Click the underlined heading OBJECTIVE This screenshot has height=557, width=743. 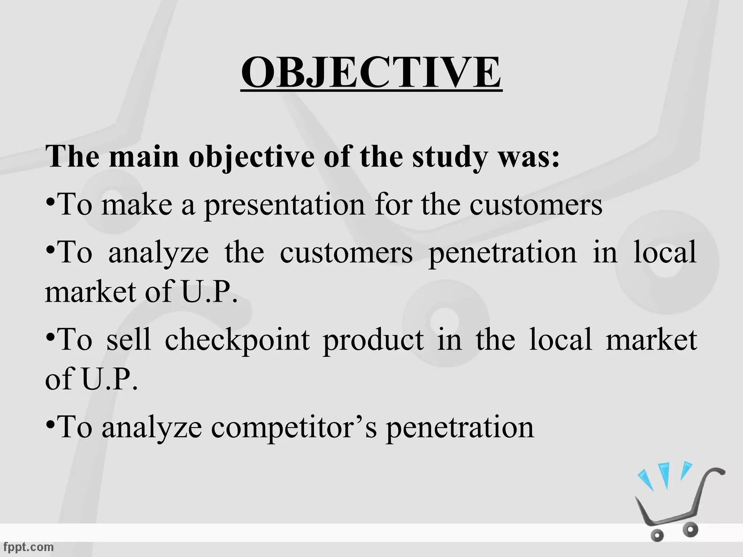pyautogui.click(x=371, y=73)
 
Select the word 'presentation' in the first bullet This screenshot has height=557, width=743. pyautogui.click(x=284, y=205)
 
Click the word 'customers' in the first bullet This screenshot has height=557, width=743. pyautogui.click(x=536, y=205)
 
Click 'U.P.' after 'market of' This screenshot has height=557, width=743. pyautogui.click(x=209, y=292)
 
